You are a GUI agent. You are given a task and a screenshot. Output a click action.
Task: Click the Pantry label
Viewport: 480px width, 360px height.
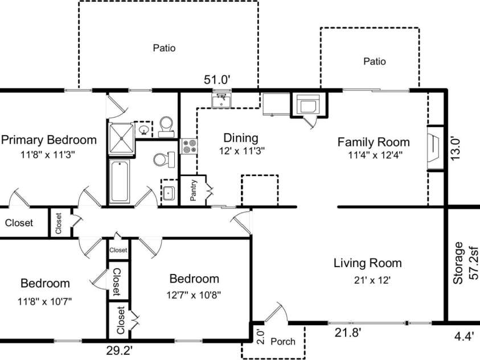193,190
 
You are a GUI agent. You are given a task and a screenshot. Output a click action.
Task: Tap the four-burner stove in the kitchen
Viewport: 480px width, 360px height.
188,146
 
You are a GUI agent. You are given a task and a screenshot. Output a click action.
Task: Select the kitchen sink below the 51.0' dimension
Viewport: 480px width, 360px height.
221,100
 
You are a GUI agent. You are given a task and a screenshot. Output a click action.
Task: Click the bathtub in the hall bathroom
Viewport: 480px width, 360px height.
120,181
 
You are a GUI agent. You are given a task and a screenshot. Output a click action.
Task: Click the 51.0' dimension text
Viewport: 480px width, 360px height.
217,80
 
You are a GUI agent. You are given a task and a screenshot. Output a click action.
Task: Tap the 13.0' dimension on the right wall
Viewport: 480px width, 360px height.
456,149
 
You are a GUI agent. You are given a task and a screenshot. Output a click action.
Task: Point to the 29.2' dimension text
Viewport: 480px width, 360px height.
120,350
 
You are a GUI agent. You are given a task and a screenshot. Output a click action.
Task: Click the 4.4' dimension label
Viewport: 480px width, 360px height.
464,336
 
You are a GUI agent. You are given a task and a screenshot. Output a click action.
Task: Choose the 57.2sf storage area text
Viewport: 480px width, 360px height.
474,263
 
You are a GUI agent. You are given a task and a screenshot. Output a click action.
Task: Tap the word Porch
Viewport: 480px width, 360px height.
283,341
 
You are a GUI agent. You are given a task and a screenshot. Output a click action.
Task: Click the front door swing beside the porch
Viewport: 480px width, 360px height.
276,312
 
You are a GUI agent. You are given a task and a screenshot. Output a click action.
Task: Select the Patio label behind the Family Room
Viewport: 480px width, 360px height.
375,61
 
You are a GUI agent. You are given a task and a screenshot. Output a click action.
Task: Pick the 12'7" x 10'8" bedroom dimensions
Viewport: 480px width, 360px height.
194,295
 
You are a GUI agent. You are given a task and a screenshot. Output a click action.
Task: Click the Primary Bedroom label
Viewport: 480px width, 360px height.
48,140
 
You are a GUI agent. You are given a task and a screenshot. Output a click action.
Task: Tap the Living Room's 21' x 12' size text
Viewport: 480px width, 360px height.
372,280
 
